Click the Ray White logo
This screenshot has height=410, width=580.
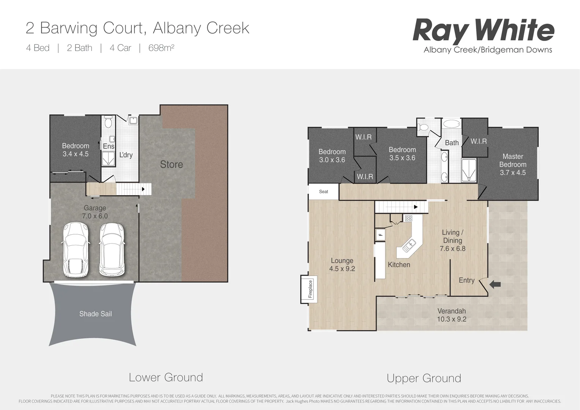tap(483, 31)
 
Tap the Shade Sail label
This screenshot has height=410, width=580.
tap(95, 314)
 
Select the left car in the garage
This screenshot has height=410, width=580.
tap(76, 249)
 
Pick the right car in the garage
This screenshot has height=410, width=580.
tap(112, 249)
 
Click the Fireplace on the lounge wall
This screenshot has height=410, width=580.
tap(310, 289)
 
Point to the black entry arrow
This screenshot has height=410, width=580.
tap(495, 284)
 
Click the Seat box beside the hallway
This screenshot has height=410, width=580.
tap(323, 192)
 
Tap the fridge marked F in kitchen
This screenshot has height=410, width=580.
tap(380, 235)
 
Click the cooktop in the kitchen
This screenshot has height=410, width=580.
tap(408, 218)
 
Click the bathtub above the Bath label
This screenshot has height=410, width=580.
tap(451, 124)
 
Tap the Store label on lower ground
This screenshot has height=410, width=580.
tap(171, 164)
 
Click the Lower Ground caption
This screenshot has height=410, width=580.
tap(166, 377)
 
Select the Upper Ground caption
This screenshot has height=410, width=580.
tap(424, 378)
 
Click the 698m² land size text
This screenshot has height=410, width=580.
tap(161, 48)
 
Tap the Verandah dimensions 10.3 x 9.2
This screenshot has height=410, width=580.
tap(451, 319)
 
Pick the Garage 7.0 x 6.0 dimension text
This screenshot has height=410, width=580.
tap(95, 216)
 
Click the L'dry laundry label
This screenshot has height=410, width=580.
tap(126, 155)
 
